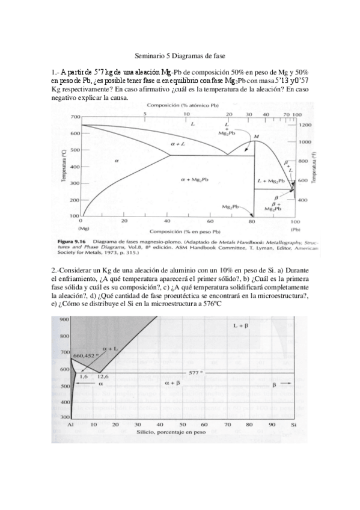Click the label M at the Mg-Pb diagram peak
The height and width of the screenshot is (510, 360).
click(x=257, y=137)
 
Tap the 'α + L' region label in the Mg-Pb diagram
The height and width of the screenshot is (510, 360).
click(x=178, y=144)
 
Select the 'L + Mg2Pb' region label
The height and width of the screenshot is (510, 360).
click(x=270, y=180)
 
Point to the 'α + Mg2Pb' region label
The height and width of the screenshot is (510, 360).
click(x=194, y=180)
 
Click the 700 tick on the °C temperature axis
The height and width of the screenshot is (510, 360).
click(x=75, y=116)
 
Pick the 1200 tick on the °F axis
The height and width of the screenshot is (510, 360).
click(x=305, y=124)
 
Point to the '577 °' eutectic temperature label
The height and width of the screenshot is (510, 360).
click(x=198, y=373)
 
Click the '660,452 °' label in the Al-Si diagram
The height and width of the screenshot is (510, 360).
click(x=85, y=355)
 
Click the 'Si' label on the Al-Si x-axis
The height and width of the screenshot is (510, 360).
click(x=293, y=425)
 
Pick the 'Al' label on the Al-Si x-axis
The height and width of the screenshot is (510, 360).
click(x=70, y=425)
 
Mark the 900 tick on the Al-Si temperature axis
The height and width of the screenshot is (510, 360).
click(x=63, y=319)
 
